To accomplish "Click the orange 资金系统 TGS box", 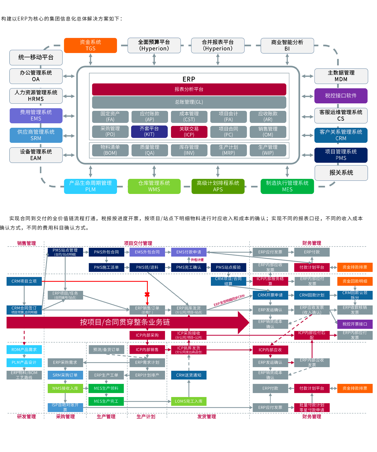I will pos(90,45).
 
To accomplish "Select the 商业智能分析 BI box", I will pos(287,46).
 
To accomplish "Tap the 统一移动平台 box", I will pos(36,57).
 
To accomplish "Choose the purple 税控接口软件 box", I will pos(341,96).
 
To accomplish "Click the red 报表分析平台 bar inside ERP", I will pos(189,89).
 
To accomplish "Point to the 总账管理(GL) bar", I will pos(189,102).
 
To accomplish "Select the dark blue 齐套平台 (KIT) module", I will pos(149,132).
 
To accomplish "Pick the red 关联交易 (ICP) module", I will pos(189,132).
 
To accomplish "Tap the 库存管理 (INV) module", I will pos(189,150).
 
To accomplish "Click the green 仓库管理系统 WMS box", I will pos(154,186).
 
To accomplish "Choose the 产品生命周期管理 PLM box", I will pos(90,186).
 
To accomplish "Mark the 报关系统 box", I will pos(341,173).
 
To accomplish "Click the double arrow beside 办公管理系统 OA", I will pos(69,76).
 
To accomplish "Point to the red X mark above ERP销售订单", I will pos(147,295).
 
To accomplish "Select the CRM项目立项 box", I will pos(24,281).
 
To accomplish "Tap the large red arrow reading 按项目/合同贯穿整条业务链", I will pos(126,322).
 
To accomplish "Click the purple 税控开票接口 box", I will pos(355,324).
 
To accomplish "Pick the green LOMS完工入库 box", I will pos(188,401).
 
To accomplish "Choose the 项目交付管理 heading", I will pos(138,243).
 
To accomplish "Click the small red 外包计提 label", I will pos(197,260).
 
